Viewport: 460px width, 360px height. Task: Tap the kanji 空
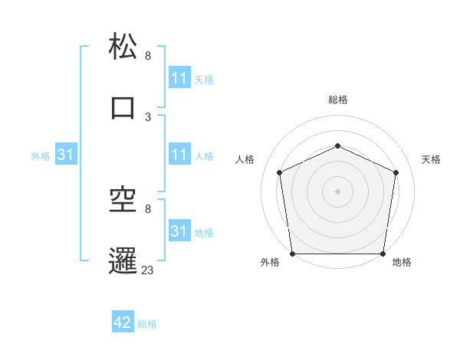[x=123, y=200]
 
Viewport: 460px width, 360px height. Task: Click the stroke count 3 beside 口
[x=148, y=117]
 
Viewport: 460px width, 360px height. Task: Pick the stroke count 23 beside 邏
[x=148, y=270]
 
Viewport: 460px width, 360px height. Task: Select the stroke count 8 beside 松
[x=148, y=56]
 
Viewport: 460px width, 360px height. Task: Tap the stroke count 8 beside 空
[x=148, y=209]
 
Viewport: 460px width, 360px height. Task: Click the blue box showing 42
[x=123, y=323]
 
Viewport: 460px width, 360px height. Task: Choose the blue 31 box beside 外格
[x=66, y=155]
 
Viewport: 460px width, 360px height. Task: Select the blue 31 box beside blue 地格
[x=179, y=232]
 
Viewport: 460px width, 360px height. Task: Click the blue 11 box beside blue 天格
[x=179, y=79]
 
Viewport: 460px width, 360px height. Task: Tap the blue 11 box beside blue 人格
[x=179, y=155]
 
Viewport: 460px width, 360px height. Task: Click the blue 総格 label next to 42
[x=147, y=324]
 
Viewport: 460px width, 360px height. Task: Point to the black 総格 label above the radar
[x=337, y=100]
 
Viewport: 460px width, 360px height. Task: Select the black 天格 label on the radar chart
[x=431, y=159]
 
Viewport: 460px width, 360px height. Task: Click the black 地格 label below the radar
[x=402, y=263]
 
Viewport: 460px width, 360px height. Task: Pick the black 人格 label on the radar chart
[x=245, y=159]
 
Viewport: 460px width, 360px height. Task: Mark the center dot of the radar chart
[x=337, y=191]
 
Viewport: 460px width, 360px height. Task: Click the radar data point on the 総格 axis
[x=337, y=146]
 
